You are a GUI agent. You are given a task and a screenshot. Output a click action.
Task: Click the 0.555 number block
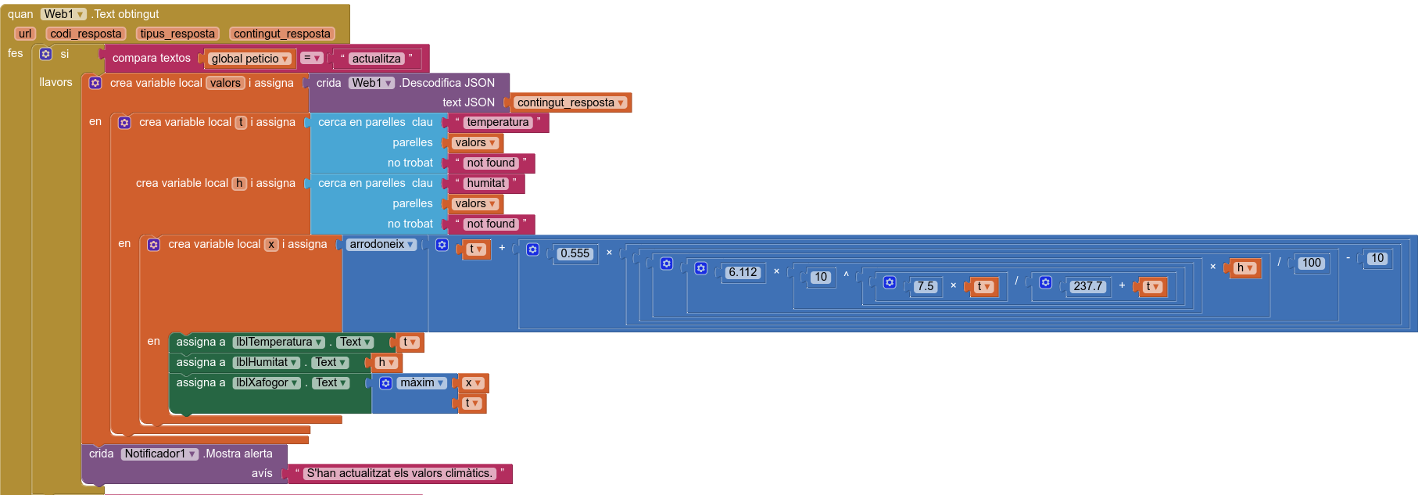[x=575, y=253]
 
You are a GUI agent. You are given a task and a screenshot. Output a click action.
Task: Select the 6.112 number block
[x=742, y=272]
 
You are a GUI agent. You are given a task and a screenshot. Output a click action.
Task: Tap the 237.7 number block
[x=1087, y=286]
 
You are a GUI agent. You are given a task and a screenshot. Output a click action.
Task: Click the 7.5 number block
[x=926, y=286]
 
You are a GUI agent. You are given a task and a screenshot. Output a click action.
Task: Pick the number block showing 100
[x=1312, y=263]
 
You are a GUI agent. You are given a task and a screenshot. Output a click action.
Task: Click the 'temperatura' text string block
[x=497, y=122]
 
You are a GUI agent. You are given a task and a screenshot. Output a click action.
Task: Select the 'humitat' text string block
[x=485, y=183]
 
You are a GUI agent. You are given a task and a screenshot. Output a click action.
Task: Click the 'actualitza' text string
[x=376, y=59]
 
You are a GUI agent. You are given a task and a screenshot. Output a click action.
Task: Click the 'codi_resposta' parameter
[x=86, y=34]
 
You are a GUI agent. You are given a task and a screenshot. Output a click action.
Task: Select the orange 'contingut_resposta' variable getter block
[x=570, y=102]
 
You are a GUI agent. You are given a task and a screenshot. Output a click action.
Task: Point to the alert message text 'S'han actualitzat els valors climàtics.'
[x=399, y=473]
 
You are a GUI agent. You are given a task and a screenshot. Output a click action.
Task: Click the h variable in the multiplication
[x=1244, y=267]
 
